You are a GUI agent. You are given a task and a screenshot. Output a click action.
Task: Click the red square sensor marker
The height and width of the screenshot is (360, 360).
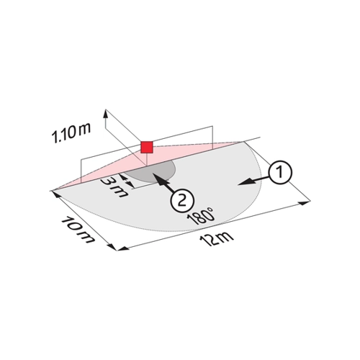point(147,147)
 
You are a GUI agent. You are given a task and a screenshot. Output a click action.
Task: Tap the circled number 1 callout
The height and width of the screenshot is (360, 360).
point(280,172)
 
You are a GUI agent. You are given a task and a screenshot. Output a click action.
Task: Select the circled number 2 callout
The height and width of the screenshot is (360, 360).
point(182,200)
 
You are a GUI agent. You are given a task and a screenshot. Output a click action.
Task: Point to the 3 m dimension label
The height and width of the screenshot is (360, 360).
point(113,186)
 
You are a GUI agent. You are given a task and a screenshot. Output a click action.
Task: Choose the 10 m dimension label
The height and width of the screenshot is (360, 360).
point(78,230)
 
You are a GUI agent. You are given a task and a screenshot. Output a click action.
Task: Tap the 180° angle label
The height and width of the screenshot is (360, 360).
point(201,216)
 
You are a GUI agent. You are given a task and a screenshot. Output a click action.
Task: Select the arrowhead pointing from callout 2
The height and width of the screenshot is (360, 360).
point(158,179)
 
